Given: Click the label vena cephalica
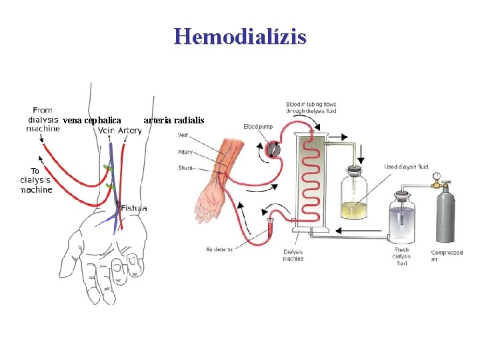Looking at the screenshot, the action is tap(92, 121).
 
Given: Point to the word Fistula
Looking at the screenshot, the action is tap(134, 208).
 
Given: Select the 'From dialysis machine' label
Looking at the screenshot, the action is tap(43, 119).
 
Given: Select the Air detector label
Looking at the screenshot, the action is tap(219, 249).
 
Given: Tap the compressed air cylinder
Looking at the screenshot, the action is tap(445, 213).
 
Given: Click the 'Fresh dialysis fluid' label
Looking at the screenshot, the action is tap(401, 257).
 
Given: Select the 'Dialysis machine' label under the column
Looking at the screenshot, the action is tap(293, 255).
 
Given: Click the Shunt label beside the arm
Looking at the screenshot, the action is tap(185, 168).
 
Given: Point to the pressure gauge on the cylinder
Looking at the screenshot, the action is tap(437, 177).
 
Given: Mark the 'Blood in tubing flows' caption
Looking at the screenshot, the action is tap(311, 107).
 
